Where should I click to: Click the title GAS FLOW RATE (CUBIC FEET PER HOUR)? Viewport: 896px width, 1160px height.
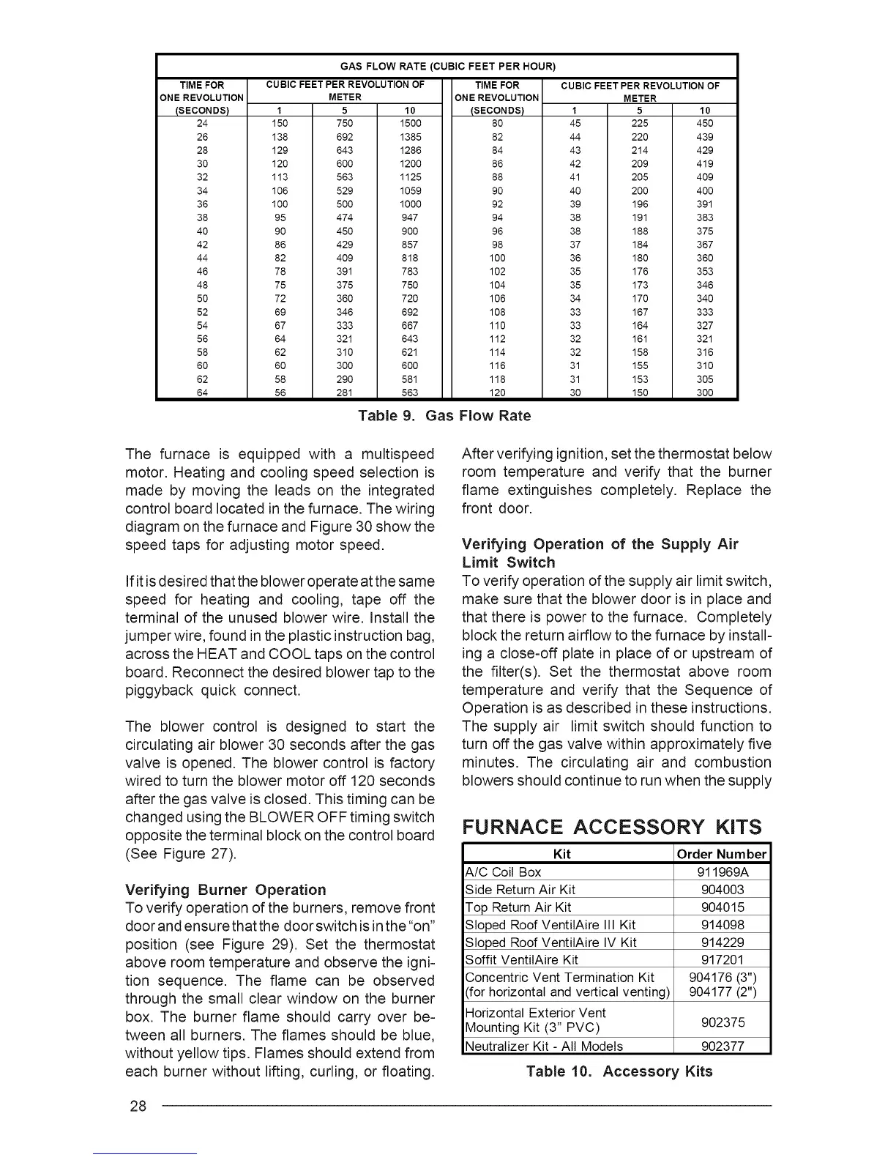(x=447, y=67)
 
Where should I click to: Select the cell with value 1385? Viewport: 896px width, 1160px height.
(x=411, y=137)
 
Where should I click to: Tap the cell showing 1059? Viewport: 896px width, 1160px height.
(x=411, y=191)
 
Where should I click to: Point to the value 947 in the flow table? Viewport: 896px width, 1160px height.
(x=411, y=218)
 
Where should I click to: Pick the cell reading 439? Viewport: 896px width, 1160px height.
(x=704, y=137)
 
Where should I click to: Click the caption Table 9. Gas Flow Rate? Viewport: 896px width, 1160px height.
(x=444, y=416)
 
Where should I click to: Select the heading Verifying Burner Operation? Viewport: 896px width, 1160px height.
(x=225, y=890)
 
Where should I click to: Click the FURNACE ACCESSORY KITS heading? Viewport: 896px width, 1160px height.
(x=612, y=828)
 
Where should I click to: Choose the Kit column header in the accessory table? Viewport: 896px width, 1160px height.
(x=562, y=855)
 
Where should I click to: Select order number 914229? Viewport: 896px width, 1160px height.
(x=723, y=943)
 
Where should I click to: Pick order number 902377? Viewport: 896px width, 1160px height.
(x=723, y=1046)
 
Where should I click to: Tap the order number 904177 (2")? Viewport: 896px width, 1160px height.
(x=723, y=993)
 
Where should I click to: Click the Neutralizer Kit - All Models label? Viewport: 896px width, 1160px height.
(x=544, y=1046)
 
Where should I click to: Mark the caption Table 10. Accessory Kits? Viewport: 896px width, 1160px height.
(x=619, y=1071)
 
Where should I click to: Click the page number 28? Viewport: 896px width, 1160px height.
(x=138, y=1106)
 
